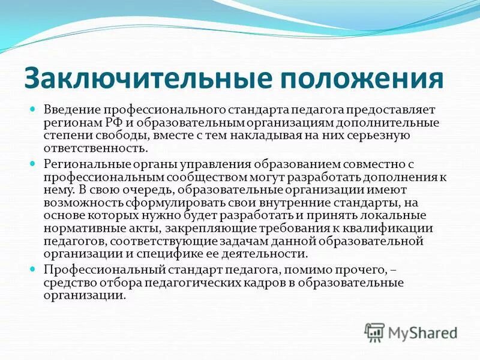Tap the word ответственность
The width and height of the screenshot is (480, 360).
pyautogui.click(x=95, y=148)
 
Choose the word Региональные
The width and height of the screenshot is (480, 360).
pyautogui.click(x=83, y=164)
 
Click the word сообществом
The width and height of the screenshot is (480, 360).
pyautogui.click(x=215, y=176)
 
